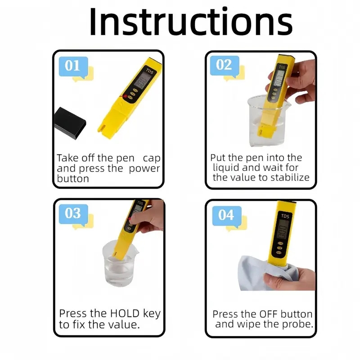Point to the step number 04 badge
(226, 215)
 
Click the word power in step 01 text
(144, 169)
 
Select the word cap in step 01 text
(152, 158)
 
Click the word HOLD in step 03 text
(120, 314)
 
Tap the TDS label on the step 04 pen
(285, 216)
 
